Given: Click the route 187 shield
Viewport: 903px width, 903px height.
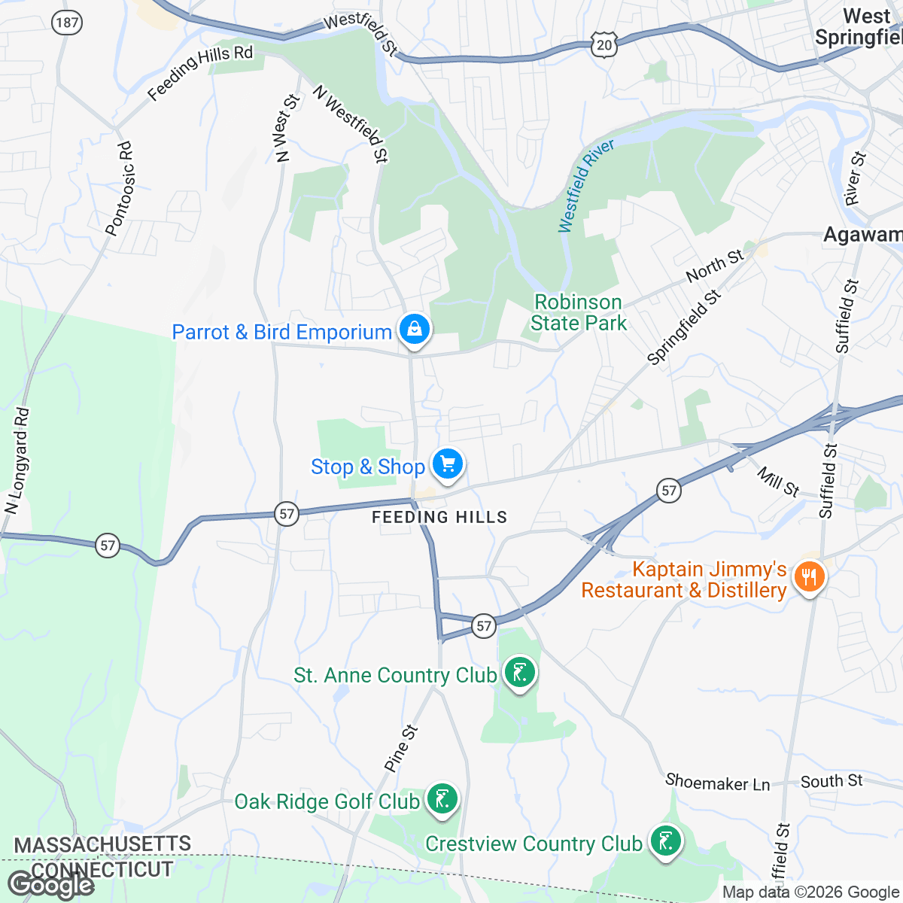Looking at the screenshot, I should [67, 23].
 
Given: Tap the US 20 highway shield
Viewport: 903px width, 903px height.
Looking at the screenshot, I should [604, 45].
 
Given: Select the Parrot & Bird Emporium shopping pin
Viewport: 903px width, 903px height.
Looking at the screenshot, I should [414, 330].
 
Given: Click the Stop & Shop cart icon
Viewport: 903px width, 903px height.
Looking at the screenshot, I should [448, 464].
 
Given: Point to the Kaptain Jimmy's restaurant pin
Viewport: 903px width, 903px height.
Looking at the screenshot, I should [810, 578].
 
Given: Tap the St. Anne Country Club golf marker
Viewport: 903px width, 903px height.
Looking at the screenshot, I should [519, 672].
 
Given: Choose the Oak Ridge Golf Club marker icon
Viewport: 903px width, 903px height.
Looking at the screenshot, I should [442, 799].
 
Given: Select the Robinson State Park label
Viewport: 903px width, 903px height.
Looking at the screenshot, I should [578, 312].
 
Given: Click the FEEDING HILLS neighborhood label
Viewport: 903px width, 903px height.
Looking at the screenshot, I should [440, 517].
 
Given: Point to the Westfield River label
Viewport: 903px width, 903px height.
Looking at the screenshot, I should [586, 185].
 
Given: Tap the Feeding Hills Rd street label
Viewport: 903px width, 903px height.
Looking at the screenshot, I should [200, 72].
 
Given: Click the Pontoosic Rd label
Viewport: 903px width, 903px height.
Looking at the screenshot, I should [120, 189].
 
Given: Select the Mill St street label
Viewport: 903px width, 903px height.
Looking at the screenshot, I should [778, 482].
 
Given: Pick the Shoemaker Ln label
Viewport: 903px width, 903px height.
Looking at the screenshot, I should [718, 783].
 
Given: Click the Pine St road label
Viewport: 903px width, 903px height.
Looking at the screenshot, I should [401, 748].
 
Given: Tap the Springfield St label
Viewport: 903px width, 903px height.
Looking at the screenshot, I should [684, 328].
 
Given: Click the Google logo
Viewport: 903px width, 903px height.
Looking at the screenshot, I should [50, 885].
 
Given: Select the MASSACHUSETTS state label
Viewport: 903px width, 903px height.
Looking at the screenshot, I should [103, 845].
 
